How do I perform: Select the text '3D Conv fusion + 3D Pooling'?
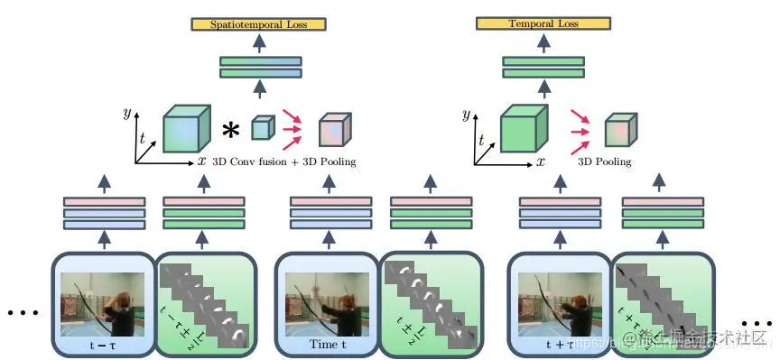[283, 162]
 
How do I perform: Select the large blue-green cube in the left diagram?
[186, 129]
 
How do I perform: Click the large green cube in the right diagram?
[524, 129]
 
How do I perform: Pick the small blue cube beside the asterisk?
[261, 128]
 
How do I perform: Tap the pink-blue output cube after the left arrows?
[332, 130]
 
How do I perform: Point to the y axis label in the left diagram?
[126, 113]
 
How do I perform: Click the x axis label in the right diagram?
[540, 162]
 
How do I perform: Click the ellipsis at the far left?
[20, 313]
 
